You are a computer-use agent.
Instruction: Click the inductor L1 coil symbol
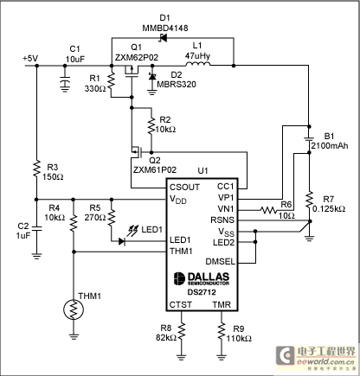pyautogui.click(x=198, y=64)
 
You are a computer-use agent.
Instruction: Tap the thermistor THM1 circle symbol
pyautogui.click(x=74, y=309)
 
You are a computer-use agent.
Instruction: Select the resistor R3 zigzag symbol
pyautogui.click(x=36, y=169)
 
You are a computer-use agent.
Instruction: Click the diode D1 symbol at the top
pyautogui.click(x=164, y=38)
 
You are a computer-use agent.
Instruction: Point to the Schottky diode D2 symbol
pyautogui.click(x=151, y=76)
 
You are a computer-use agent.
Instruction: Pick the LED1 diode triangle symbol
pyautogui.click(x=122, y=241)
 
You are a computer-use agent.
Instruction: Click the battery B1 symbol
pyautogui.click(x=309, y=139)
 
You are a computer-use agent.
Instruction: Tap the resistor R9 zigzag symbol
pyautogui.click(x=222, y=332)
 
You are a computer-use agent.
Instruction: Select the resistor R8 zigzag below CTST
pyautogui.click(x=182, y=332)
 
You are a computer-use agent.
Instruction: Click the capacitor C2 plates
pyautogui.click(x=36, y=229)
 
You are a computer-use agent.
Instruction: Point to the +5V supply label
pyautogui.click(x=30, y=59)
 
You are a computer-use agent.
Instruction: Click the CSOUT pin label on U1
pyautogui.click(x=184, y=188)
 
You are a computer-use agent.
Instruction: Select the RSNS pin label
pyautogui.click(x=222, y=220)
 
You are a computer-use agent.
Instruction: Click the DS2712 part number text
pyautogui.click(x=202, y=292)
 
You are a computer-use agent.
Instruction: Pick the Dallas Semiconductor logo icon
pyautogui.click(x=179, y=278)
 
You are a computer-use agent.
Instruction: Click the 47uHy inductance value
pyautogui.click(x=197, y=55)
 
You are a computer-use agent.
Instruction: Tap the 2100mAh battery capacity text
pyautogui.click(x=330, y=145)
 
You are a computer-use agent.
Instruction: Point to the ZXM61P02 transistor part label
pyautogui.click(x=155, y=169)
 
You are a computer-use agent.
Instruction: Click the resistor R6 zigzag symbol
pyautogui.click(x=268, y=210)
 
